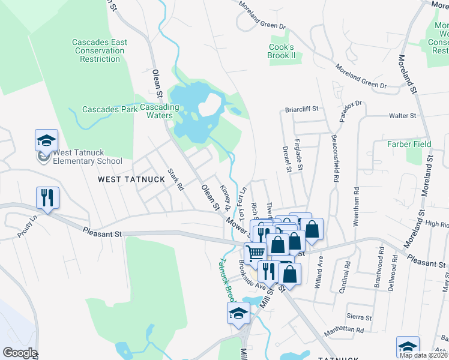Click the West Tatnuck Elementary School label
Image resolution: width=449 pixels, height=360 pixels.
tap(88, 156)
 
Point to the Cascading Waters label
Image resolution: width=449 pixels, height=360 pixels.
tap(159, 111)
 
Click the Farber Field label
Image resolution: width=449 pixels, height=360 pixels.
tap(409, 144)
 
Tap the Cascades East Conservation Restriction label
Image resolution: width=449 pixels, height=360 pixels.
tap(100, 50)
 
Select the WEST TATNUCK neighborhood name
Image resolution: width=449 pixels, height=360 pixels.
tap(125, 179)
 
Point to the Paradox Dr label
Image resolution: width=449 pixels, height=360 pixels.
tap(351, 111)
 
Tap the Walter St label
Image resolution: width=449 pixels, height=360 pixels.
tap(403, 115)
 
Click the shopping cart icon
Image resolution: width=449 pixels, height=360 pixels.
tap(255, 253)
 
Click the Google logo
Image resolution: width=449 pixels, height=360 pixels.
tap(20, 353)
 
